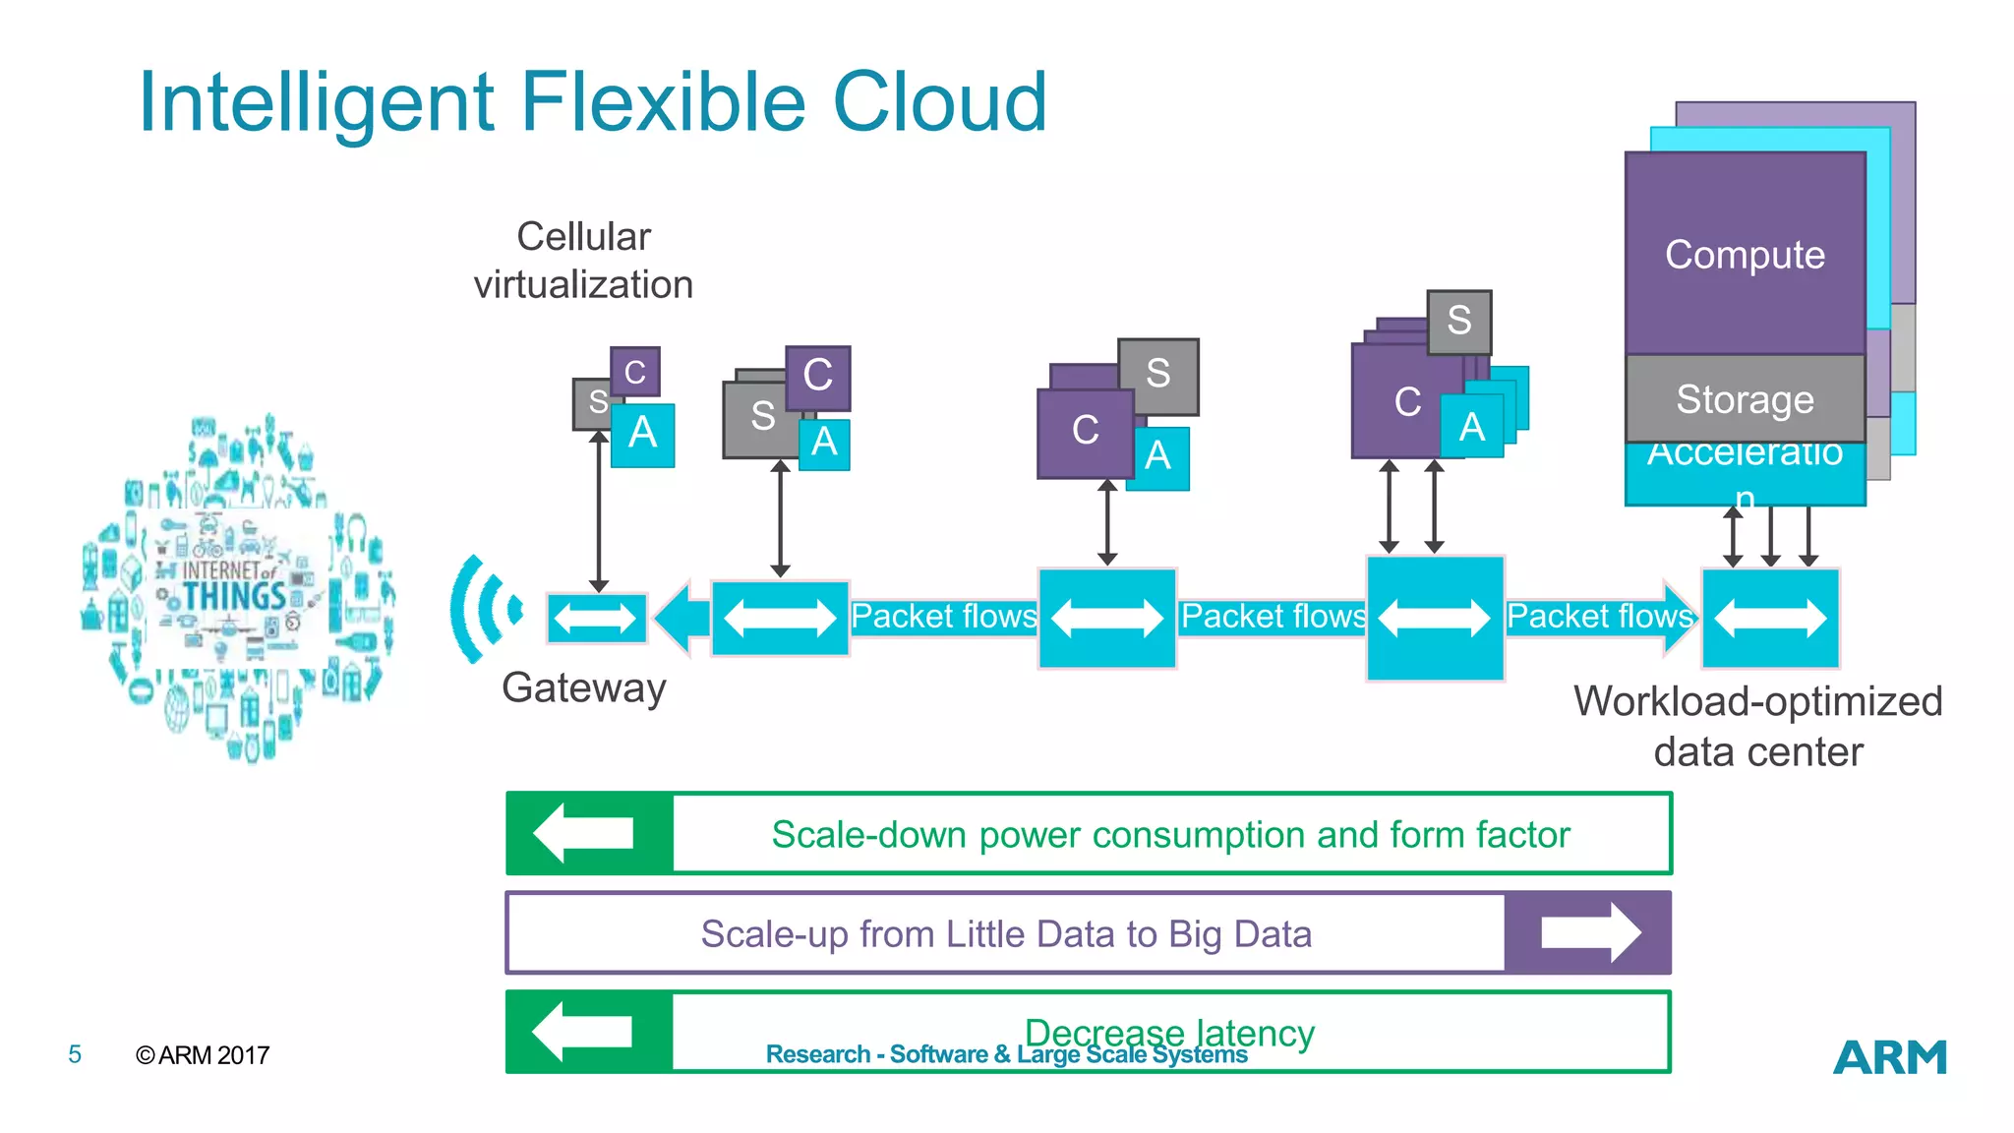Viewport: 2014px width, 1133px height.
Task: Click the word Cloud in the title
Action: [x=939, y=102]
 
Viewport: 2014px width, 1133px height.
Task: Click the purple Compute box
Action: [x=1745, y=255]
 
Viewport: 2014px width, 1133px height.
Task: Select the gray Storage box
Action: [x=1745, y=399]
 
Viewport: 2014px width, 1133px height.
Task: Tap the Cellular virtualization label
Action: [x=583, y=261]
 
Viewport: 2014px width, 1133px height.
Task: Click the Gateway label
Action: [x=583, y=687]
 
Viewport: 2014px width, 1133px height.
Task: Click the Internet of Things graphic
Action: [x=236, y=588]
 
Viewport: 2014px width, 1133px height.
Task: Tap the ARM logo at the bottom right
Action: [x=1889, y=1058]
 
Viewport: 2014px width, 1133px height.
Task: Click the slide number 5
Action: [x=75, y=1055]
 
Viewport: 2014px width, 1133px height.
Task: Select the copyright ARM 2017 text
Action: [x=203, y=1055]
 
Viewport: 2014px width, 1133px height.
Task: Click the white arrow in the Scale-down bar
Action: [x=585, y=833]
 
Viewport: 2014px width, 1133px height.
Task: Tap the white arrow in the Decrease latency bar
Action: [x=584, y=1032]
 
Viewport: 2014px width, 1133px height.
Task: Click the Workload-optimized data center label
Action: [x=1757, y=726]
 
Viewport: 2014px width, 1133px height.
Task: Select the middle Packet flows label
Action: [x=1273, y=617]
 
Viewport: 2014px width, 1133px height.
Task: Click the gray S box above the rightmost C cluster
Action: [x=1458, y=322]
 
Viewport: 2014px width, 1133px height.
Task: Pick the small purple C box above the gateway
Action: [x=634, y=372]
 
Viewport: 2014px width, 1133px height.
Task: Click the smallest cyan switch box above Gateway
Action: [x=596, y=619]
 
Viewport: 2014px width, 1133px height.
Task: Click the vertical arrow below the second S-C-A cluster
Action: [x=780, y=518]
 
